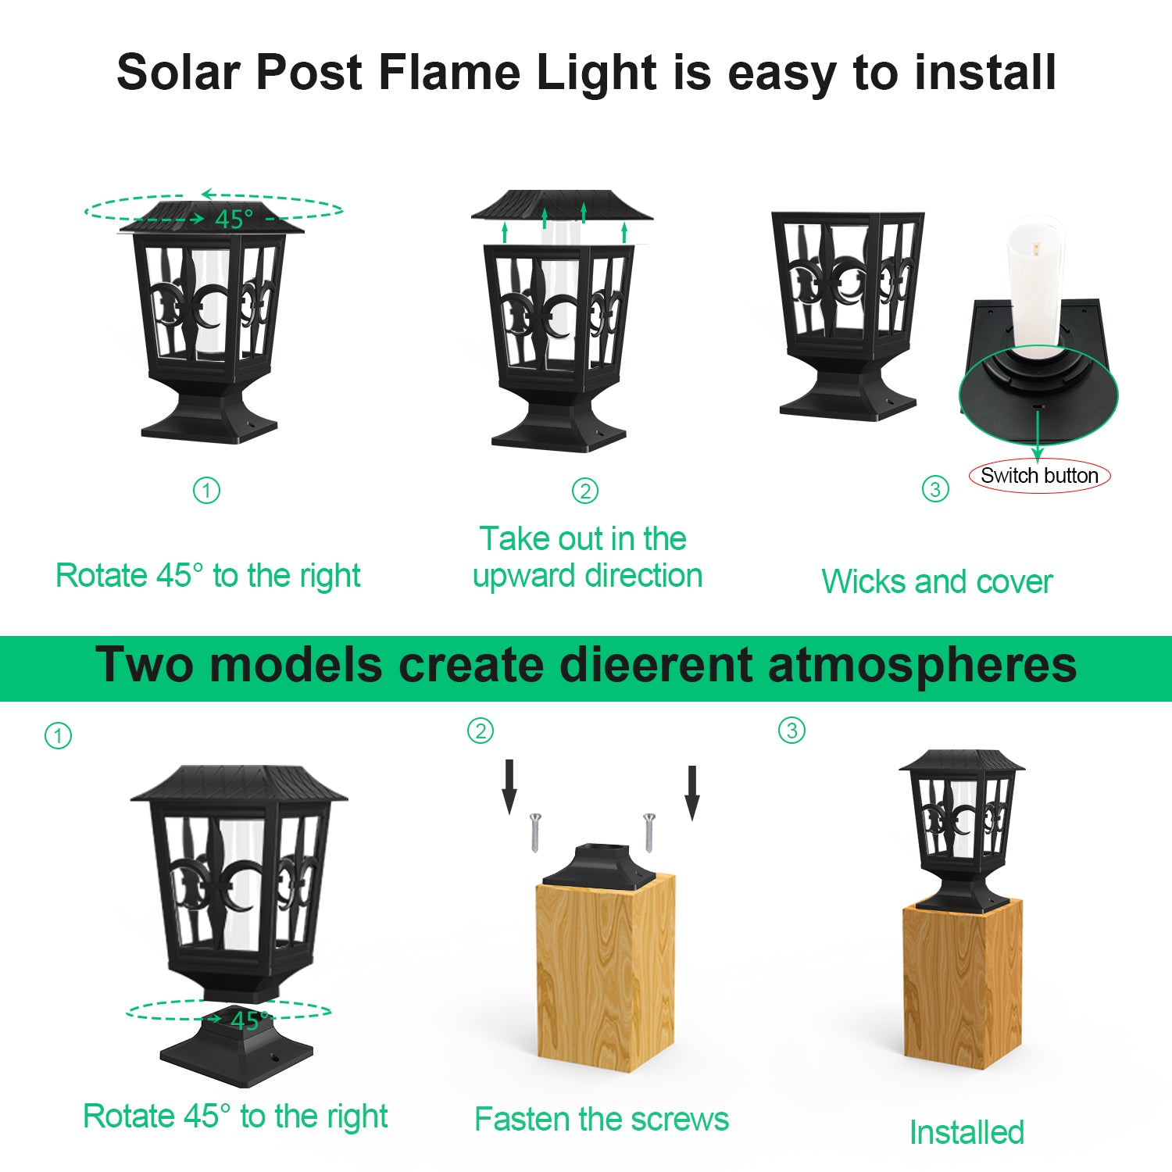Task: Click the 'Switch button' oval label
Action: [x=1039, y=475]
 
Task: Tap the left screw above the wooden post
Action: [x=535, y=831]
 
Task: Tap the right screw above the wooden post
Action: [x=649, y=831]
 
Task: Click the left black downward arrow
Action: [x=509, y=786]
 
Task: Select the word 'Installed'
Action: [x=967, y=1132]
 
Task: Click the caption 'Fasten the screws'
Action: [x=601, y=1119]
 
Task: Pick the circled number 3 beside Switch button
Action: [x=935, y=489]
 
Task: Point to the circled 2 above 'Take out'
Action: [x=585, y=491]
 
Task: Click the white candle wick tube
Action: [x=1035, y=285]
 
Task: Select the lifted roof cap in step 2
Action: [x=561, y=205]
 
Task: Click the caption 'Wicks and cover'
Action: [x=937, y=581]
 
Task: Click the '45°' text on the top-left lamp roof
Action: [x=234, y=219]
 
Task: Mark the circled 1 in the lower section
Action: [x=58, y=735]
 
